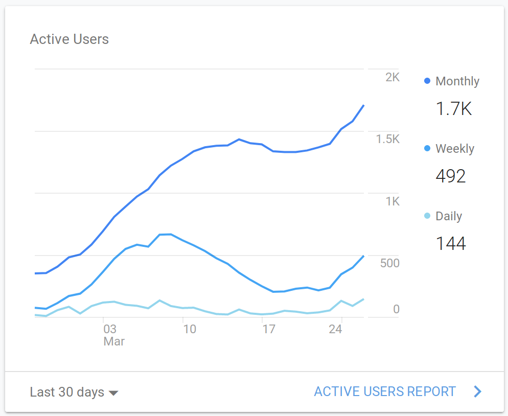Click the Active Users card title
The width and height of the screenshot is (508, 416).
pos(69,39)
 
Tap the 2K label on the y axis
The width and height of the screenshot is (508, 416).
pos(392,77)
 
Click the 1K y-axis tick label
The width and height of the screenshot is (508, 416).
pos(392,201)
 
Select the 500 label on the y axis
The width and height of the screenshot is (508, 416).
pos(389,263)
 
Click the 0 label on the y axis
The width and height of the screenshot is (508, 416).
pos(396,309)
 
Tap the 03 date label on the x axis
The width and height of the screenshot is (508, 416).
pos(109,329)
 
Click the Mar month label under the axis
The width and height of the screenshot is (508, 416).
pos(114,341)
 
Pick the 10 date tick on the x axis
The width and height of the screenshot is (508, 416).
pos(189,329)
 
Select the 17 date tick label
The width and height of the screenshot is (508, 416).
pos(269,329)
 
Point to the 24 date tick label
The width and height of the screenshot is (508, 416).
pos(335,329)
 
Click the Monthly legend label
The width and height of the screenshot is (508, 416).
pos(457,81)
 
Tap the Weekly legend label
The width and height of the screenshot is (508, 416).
pos(455,149)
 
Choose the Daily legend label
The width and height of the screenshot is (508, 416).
pos(449,216)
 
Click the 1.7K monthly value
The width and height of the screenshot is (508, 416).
pos(453,108)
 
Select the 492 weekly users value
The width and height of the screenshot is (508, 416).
pos(451,176)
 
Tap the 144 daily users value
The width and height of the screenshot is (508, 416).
pos(451,244)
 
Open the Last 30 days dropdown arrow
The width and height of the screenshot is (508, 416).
pos(114,393)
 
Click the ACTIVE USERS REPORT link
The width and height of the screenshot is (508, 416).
pos(385,391)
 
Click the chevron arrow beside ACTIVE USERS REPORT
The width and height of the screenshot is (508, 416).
pos(478,391)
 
